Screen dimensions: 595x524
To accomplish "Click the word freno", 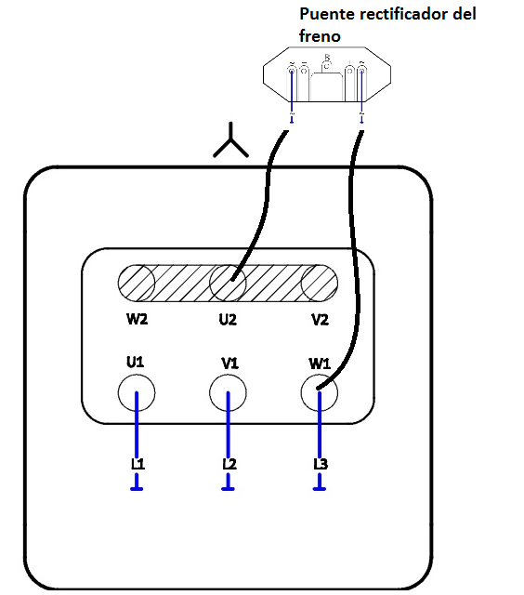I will (319, 36).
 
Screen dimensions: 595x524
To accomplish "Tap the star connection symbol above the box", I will (230, 142).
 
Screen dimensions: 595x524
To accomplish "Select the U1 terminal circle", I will (137, 393).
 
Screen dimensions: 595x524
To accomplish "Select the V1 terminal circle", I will (229, 393).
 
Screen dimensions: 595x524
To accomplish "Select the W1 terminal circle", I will (320, 393).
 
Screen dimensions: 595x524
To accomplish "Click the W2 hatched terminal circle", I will (137, 284).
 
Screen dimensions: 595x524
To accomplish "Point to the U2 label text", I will (228, 320).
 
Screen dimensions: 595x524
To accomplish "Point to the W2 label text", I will (138, 320).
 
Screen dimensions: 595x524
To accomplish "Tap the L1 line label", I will (137, 464).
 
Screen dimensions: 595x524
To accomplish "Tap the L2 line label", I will (229, 464).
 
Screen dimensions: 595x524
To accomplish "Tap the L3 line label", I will (321, 464).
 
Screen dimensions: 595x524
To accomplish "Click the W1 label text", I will (320, 362).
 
